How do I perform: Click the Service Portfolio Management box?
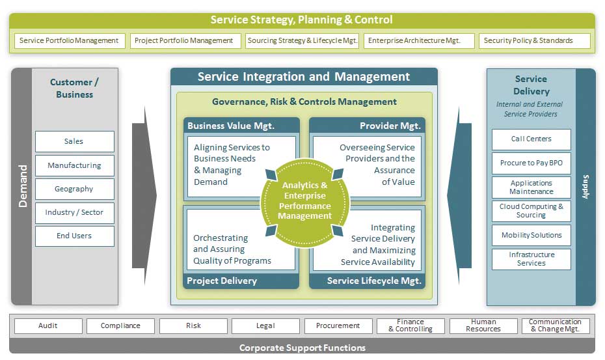[70, 40]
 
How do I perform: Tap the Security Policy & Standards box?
[534, 40]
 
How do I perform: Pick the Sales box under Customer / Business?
[74, 141]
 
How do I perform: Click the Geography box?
[74, 189]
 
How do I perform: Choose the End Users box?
[74, 236]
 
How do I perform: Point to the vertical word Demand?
[23, 186]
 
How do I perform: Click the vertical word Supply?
[585, 187]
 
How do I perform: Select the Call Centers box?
[531, 139]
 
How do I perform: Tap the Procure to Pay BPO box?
[531, 163]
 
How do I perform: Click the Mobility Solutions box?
[531, 235]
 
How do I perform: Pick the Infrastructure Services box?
[531, 259]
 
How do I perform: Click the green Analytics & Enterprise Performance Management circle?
[305, 202]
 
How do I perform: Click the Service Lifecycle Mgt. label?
[374, 281]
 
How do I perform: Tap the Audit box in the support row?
[48, 326]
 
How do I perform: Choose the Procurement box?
[338, 326]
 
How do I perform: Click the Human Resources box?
[483, 326]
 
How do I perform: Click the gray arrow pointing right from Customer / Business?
[144, 195]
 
